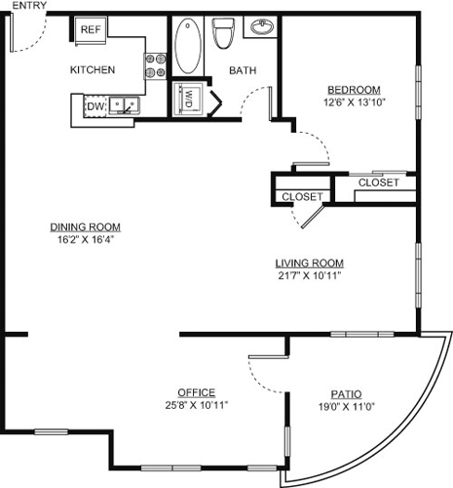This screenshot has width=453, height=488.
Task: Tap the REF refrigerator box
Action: (91, 30)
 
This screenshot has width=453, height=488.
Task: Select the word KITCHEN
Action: (93, 70)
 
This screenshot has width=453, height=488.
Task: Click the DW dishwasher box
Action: (95, 105)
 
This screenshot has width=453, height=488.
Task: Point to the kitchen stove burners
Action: (155, 64)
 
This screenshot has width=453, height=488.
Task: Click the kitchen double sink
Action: (124, 103)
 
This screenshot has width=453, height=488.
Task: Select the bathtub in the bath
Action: (189, 45)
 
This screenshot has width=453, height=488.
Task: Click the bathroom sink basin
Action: (261, 27)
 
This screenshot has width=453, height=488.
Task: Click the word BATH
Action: (242, 70)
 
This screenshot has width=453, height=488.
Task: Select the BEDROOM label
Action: (353, 89)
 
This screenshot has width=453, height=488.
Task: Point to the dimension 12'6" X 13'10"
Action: (353, 102)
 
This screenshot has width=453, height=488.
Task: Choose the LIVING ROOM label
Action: (309, 263)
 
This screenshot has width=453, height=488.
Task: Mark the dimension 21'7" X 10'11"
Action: (309, 275)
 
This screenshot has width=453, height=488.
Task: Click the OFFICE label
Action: (196, 392)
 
